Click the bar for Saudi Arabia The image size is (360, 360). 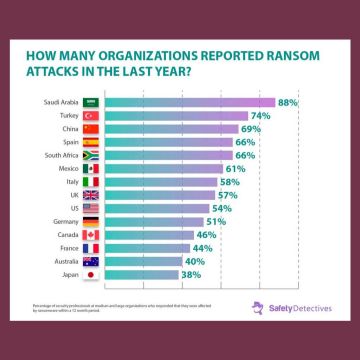coord(190,102)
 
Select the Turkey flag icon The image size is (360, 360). coord(90,116)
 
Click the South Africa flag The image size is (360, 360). coord(90,155)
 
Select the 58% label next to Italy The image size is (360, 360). coord(229,182)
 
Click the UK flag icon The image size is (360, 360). coord(90,195)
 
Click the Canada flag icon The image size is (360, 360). coord(90,235)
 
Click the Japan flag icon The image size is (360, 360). coord(90,274)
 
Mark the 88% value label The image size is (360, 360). coord(289,102)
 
